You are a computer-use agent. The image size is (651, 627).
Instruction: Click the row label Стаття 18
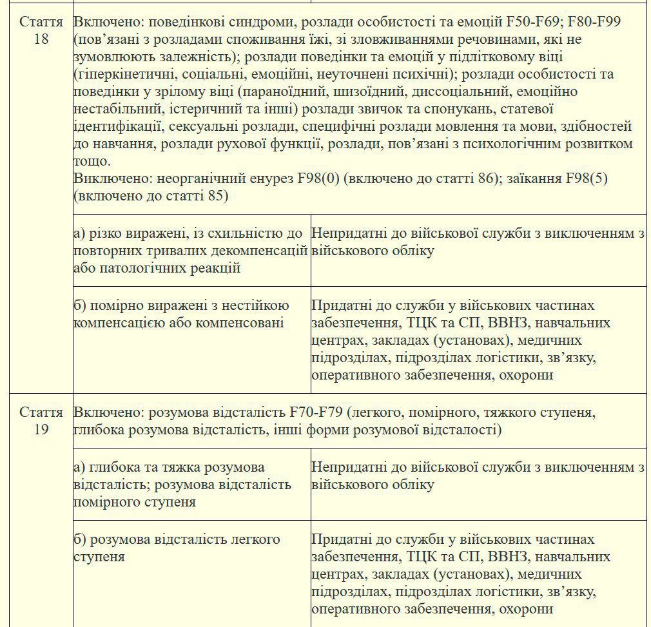click(x=41, y=30)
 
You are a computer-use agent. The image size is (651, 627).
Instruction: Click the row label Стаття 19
click(x=41, y=420)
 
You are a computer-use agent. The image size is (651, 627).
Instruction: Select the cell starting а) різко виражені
click(x=191, y=250)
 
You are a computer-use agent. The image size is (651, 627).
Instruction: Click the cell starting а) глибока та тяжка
click(x=191, y=484)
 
